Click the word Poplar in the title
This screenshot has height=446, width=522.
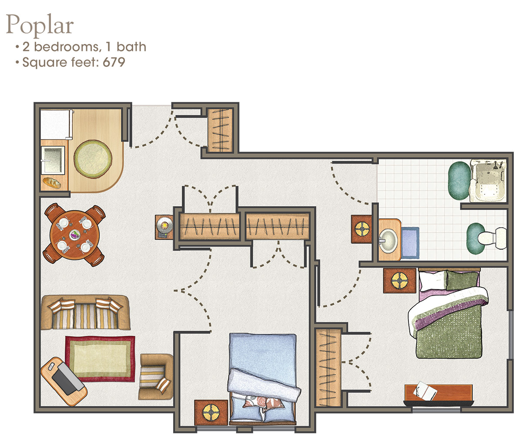40,25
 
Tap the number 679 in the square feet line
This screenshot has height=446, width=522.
114,62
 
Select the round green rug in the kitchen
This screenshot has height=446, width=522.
93,159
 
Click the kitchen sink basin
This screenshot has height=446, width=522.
53,160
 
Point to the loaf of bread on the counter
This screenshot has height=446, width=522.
52,183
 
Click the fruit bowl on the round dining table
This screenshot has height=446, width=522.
75,235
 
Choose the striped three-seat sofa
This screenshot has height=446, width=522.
86,313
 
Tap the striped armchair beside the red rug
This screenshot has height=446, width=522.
156,377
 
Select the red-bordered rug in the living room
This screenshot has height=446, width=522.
100,359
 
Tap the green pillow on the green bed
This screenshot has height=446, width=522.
462,280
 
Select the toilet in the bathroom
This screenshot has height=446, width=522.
492,239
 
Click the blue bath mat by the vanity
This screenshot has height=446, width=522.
410,243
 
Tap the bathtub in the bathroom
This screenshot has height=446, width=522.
488,180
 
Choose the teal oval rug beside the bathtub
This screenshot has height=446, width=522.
459,181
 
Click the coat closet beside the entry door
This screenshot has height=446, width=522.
220,130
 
